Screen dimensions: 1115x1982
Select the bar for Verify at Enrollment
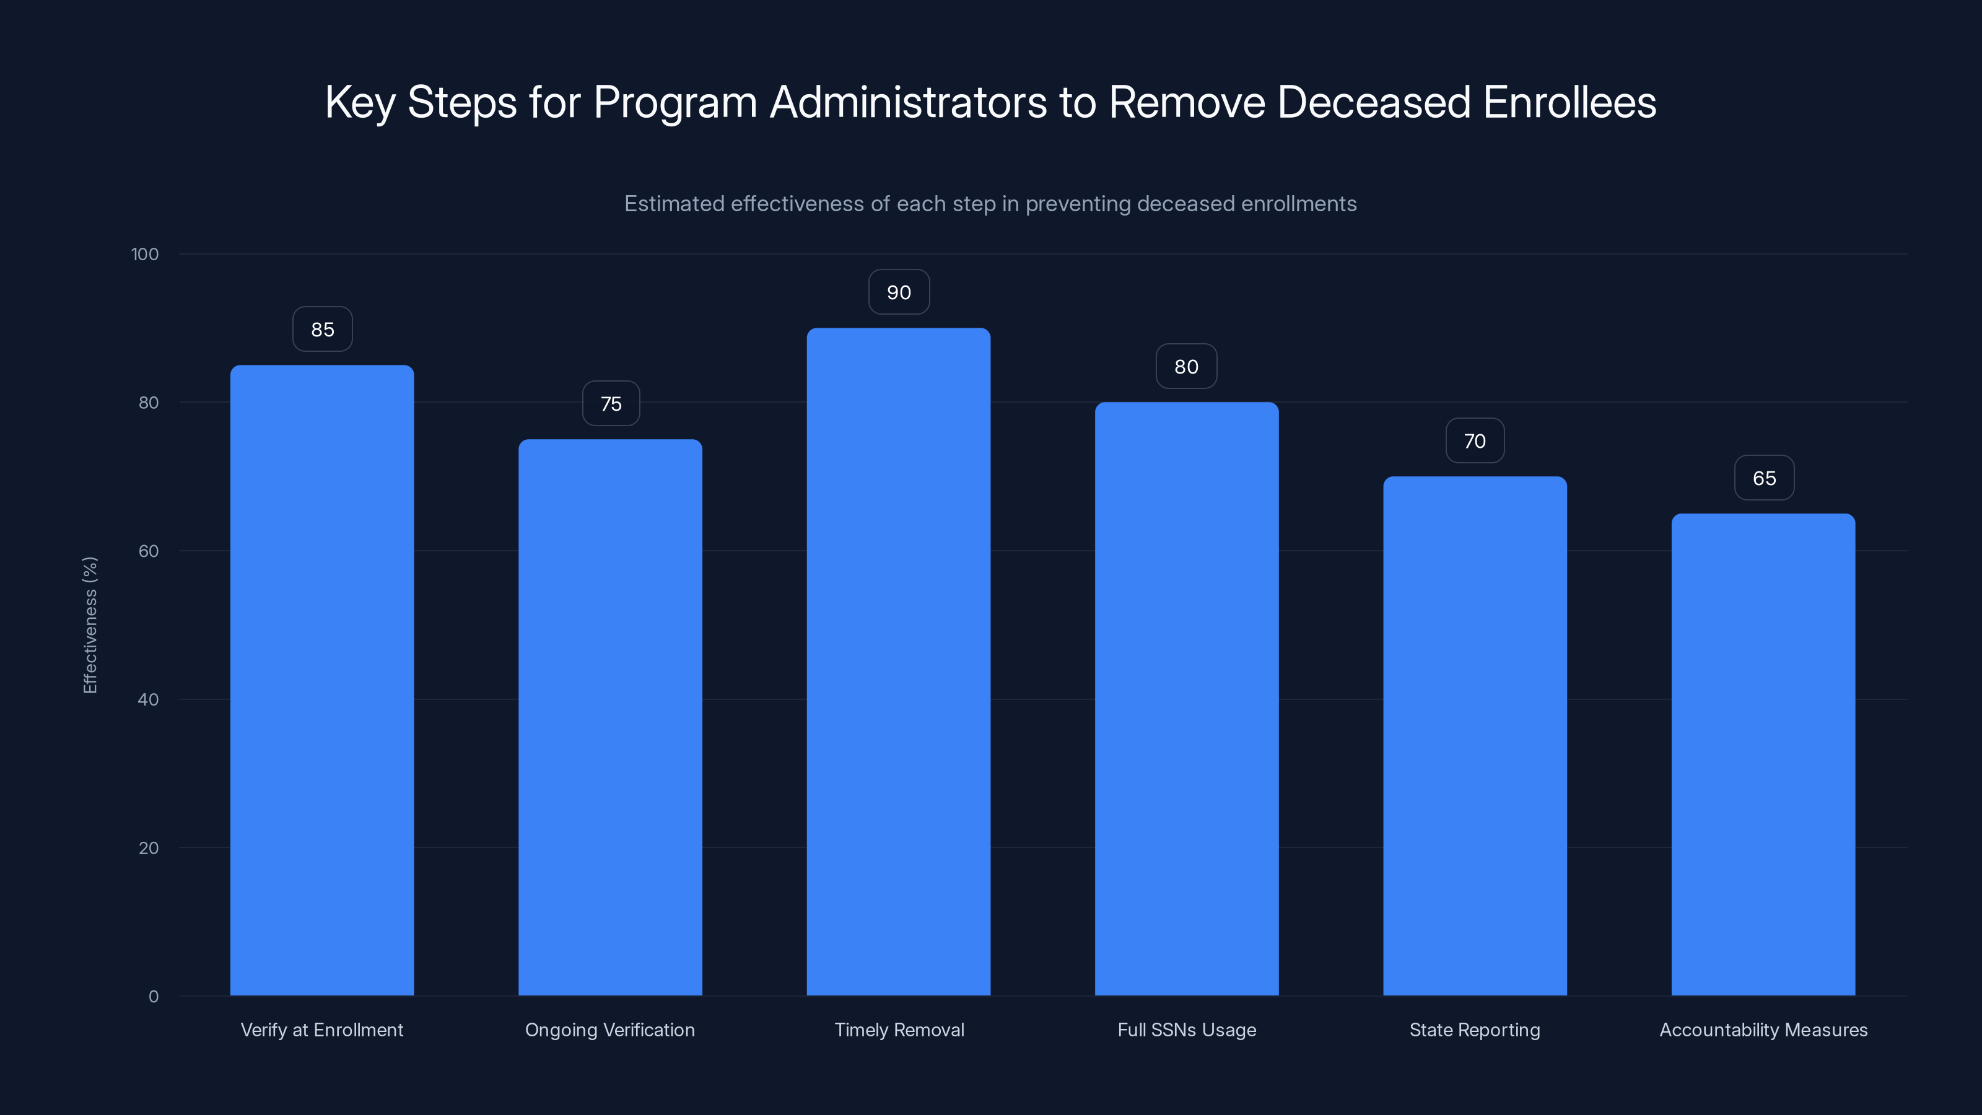pyautogui.click(x=321, y=680)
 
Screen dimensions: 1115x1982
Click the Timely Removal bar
pyautogui.click(x=898, y=662)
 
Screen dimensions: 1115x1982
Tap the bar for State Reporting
pyautogui.click(x=1474, y=736)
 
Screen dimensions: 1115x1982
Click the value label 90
pyautogui.click(x=899, y=292)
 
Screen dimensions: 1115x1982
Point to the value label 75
pyautogui.click(x=611, y=404)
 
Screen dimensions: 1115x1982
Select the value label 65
pyautogui.click(x=1763, y=479)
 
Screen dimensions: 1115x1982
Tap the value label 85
pyautogui.click(x=322, y=330)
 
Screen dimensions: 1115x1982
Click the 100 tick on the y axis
pyautogui.click(x=145, y=255)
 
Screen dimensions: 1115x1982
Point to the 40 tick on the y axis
pyautogui.click(x=148, y=699)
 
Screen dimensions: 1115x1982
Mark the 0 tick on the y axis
pyautogui.click(x=153, y=997)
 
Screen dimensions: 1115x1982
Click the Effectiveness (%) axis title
pyautogui.click(x=90, y=625)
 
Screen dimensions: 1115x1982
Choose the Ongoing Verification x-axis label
pyautogui.click(x=609, y=1030)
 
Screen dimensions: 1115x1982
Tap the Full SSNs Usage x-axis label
pyautogui.click(x=1187, y=1030)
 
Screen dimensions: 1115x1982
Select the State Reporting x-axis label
pyautogui.click(x=1474, y=1030)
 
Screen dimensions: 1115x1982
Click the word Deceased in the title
pyautogui.click(x=1373, y=102)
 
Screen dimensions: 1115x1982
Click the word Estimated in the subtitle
pyautogui.click(x=673, y=204)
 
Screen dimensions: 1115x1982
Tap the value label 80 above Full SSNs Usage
pyautogui.click(x=1187, y=367)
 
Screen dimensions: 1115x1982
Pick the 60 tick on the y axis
pyautogui.click(x=148, y=551)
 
